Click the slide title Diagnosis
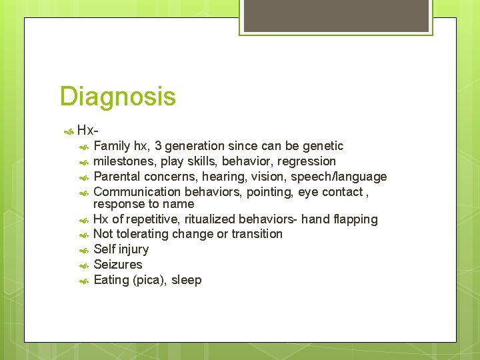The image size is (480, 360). tap(117, 97)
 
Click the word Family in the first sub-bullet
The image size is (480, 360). tap(112, 146)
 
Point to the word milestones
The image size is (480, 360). tap(123, 161)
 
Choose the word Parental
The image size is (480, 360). tap(117, 177)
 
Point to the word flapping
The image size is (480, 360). tap(355, 219)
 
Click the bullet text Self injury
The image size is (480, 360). tap(121, 249)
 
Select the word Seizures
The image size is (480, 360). tap(118, 265)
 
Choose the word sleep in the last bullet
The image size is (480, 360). tap(187, 280)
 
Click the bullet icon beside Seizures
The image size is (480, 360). tap(84, 265)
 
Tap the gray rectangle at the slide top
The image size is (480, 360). tap(335, 15)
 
